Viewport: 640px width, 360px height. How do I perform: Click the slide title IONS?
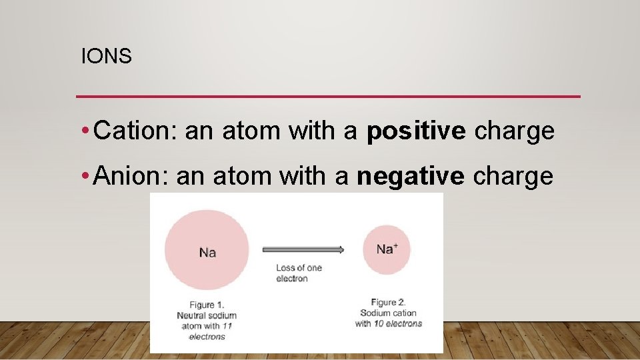coord(106,57)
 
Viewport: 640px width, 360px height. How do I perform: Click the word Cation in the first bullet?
coord(134,131)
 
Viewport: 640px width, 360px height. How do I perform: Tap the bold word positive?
coord(416,132)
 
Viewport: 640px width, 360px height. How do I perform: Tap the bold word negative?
coord(410,177)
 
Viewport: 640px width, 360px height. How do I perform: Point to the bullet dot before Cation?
coord(87,132)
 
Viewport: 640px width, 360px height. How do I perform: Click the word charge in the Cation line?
coord(514,131)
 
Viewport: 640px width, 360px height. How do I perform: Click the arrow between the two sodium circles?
coord(303,250)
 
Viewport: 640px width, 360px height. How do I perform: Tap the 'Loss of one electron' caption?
coord(299,273)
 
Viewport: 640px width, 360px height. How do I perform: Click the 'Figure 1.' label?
coord(207,305)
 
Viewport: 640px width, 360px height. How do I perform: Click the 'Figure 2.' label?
coord(388,303)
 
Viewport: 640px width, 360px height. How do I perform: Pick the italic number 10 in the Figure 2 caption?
coord(379,323)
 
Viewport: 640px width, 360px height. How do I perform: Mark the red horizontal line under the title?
coord(328,97)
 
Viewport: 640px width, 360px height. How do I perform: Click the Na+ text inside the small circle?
coord(387,249)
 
